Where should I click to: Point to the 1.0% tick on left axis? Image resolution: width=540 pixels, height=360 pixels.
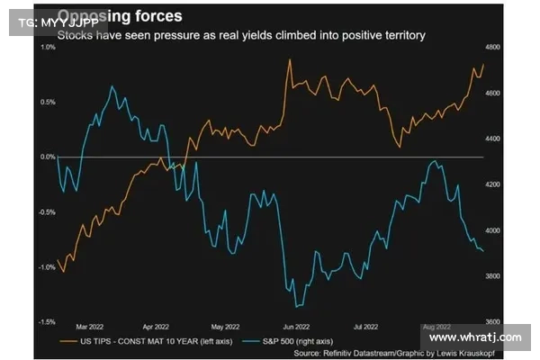(x=48, y=47)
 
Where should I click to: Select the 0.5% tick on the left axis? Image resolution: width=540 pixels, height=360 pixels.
(x=48, y=102)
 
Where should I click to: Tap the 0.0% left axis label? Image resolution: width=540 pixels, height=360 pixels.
(x=48, y=157)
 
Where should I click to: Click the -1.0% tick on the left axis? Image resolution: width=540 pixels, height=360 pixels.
(x=46, y=267)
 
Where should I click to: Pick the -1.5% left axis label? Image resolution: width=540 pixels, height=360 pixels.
(x=46, y=321)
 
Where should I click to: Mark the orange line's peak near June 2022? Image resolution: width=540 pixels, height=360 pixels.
(x=289, y=60)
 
